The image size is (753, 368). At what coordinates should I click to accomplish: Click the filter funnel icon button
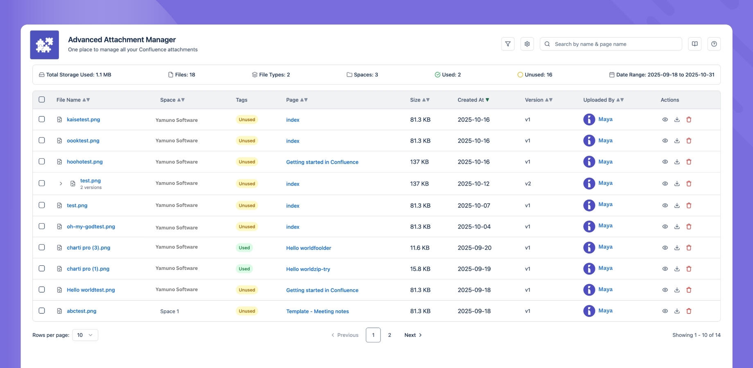click(507, 44)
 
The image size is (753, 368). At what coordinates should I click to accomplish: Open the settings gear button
click(527, 44)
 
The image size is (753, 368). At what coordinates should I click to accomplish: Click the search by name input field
click(614, 44)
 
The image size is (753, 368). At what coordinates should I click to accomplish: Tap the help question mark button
click(714, 44)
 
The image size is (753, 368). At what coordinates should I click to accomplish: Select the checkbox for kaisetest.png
click(42, 119)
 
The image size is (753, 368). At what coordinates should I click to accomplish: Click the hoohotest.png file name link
click(85, 162)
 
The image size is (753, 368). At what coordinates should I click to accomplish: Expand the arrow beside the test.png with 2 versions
click(61, 184)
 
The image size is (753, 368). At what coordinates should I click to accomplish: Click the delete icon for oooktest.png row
click(689, 141)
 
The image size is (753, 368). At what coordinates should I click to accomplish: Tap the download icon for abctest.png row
click(677, 311)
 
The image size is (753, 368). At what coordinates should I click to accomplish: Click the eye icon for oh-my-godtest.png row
click(665, 227)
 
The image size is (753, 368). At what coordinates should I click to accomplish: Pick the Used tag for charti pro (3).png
click(244, 248)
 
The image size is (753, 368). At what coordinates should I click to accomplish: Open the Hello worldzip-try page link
click(308, 269)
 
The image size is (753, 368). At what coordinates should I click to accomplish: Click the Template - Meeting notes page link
click(317, 311)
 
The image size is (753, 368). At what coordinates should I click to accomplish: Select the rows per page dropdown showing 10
click(85, 335)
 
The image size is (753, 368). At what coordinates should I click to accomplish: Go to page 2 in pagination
click(390, 335)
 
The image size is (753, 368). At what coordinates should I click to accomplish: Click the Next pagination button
click(413, 335)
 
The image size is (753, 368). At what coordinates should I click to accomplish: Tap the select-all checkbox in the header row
click(42, 99)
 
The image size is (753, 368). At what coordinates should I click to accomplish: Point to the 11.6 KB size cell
click(419, 248)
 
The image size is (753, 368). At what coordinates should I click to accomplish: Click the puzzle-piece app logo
click(45, 45)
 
